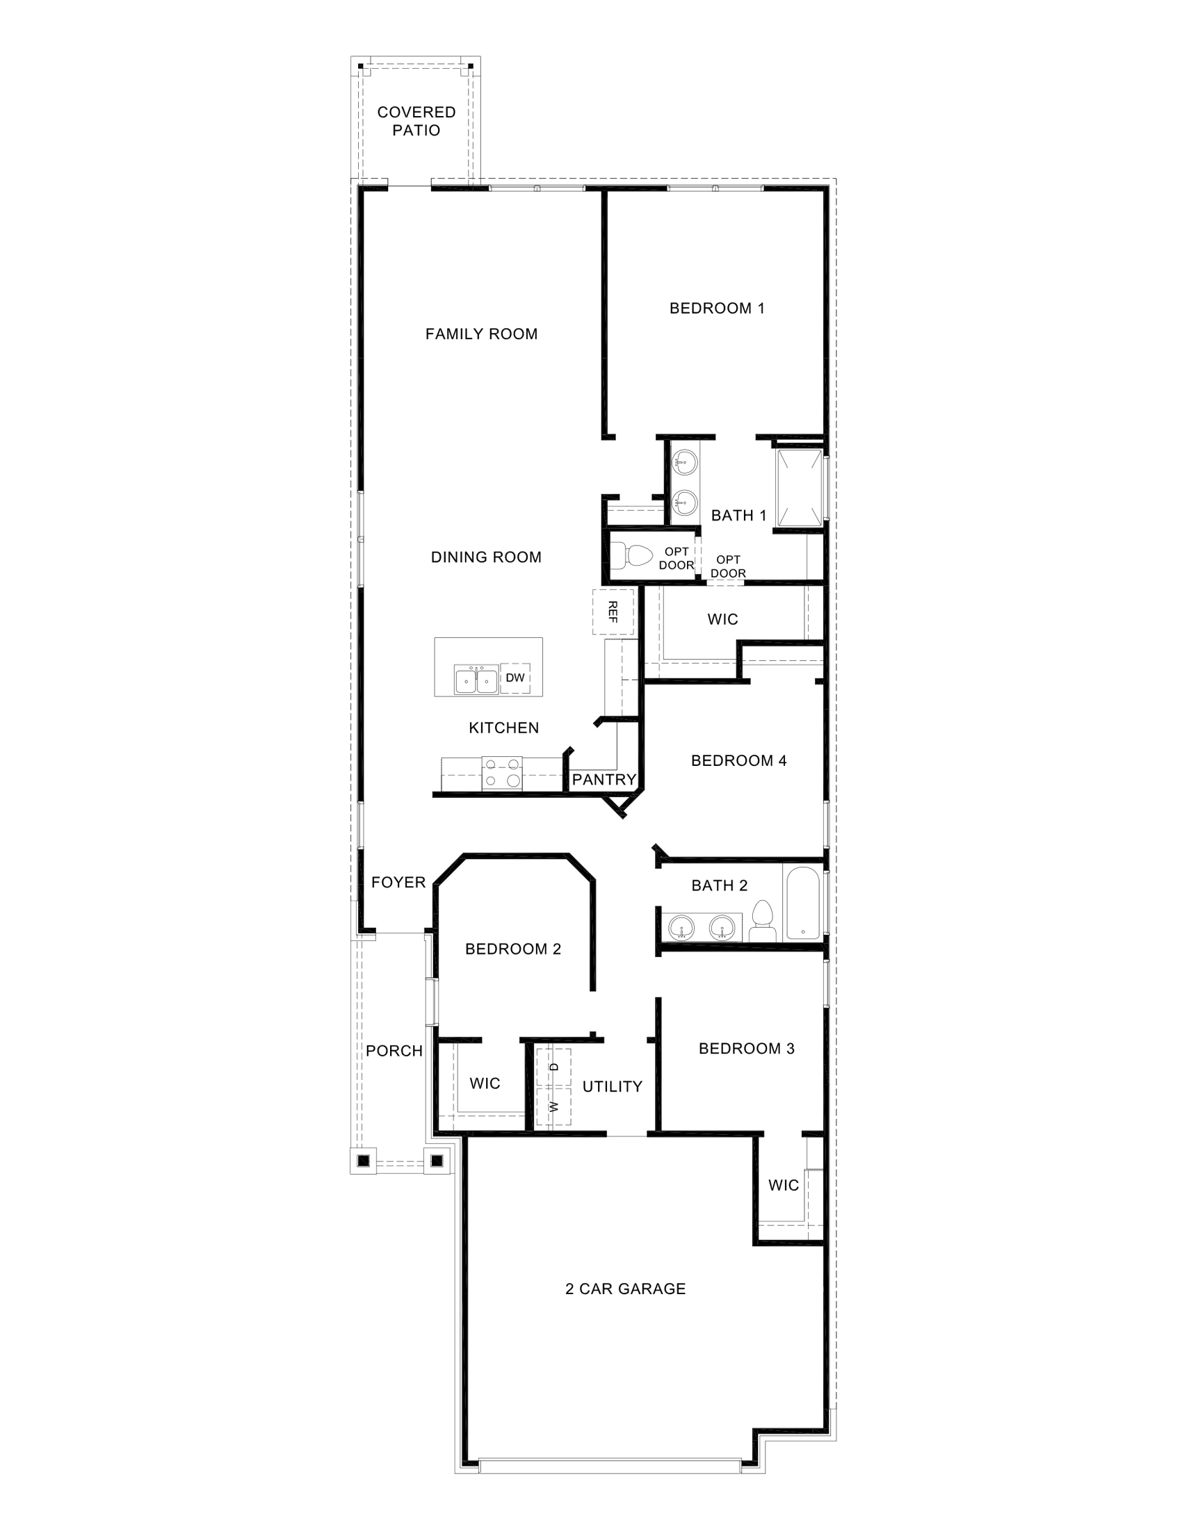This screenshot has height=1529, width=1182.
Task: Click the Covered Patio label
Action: (x=416, y=121)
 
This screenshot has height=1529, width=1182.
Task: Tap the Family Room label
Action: (x=481, y=334)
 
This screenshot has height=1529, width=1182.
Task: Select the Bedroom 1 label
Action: (x=716, y=308)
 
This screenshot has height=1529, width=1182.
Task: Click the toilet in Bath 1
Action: (x=633, y=555)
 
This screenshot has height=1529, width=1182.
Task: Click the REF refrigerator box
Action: (x=613, y=611)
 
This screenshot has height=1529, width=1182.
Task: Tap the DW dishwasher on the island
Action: (x=515, y=678)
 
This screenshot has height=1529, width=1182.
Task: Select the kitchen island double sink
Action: (x=476, y=680)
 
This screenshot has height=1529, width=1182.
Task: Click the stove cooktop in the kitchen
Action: (x=502, y=773)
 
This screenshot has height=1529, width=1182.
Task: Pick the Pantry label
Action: (x=604, y=779)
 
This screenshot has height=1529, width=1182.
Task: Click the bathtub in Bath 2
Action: (x=802, y=903)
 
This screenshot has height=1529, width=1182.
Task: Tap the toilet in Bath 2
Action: (x=762, y=921)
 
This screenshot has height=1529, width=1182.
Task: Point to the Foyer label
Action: (x=398, y=882)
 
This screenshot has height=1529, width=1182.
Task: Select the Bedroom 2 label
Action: (x=512, y=949)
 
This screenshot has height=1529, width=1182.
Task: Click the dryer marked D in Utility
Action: (x=554, y=1067)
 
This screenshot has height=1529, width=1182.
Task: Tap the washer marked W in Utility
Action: (x=554, y=1107)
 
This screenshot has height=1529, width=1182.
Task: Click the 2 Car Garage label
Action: (x=624, y=1288)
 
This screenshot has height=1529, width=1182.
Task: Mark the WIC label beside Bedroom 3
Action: (x=783, y=1185)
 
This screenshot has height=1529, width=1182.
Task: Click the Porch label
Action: (x=394, y=1051)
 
